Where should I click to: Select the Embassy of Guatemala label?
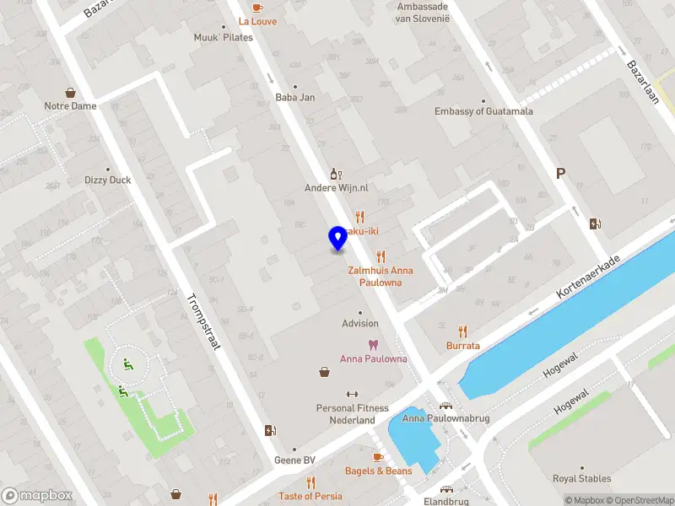pyautogui.click(x=483, y=111)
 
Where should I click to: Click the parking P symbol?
pyautogui.click(x=559, y=174)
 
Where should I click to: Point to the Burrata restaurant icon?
pyautogui.click(x=462, y=331)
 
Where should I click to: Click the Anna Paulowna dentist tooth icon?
pyautogui.click(x=373, y=345)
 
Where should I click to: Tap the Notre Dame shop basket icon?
pyautogui.click(x=70, y=93)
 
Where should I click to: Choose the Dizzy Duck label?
pyautogui.click(x=108, y=180)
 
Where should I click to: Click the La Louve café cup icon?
pyautogui.click(x=257, y=7)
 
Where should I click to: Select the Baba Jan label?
pyautogui.click(x=295, y=97)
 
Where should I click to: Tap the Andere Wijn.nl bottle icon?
pyautogui.click(x=335, y=174)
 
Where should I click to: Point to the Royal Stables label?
pyautogui.click(x=581, y=479)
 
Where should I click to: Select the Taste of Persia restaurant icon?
pyautogui.click(x=310, y=482)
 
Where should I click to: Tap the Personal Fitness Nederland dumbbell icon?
pyautogui.click(x=352, y=394)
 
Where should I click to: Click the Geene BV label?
pyautogui.click(x=294, y=460)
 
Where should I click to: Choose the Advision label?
pyautogui.click(x=360, y=323)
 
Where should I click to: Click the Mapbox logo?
pyautogui.click(x=37, y=496)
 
